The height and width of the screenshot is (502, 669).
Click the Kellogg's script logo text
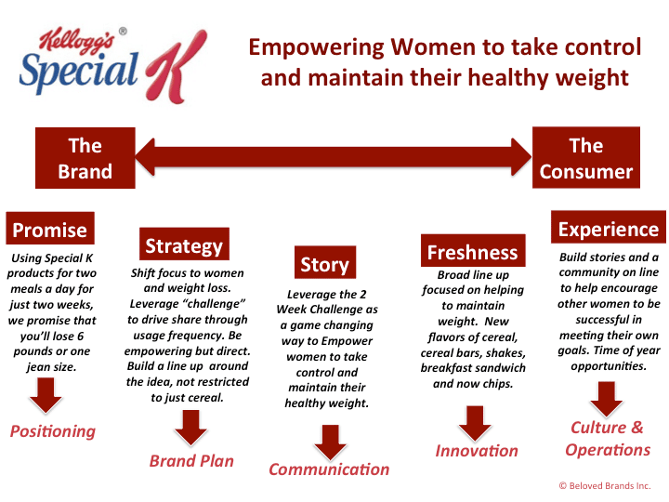[x=77, y=42]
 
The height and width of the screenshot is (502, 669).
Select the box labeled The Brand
[x=85, y=158]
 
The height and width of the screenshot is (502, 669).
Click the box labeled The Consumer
[x=585, y=157]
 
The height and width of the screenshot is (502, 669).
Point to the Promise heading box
[x=50, y=229]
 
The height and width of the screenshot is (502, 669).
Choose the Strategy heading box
[x=184, y=244]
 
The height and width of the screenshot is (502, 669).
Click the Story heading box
[x=325, y=262]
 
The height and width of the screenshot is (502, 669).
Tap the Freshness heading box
[x=473, y=251]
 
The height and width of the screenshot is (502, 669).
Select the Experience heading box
[x=609, y=227]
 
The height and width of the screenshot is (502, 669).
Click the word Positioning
[x=53, y=431]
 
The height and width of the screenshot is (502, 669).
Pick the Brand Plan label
[x=191, y=461]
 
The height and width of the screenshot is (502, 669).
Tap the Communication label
[x=329, y=469]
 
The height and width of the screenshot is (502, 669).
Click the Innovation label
[x=477, y=451]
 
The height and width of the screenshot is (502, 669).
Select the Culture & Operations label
[x=608, y=439]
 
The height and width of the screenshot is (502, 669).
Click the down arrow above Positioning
[x=46, y=396]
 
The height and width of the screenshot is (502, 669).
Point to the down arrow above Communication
[x=330, y=443]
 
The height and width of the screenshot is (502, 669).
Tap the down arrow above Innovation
[x=476, y=424]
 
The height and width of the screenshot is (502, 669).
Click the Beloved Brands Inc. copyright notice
[x=605, y=486]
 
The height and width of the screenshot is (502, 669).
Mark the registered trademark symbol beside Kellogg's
[x=123, y=32]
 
